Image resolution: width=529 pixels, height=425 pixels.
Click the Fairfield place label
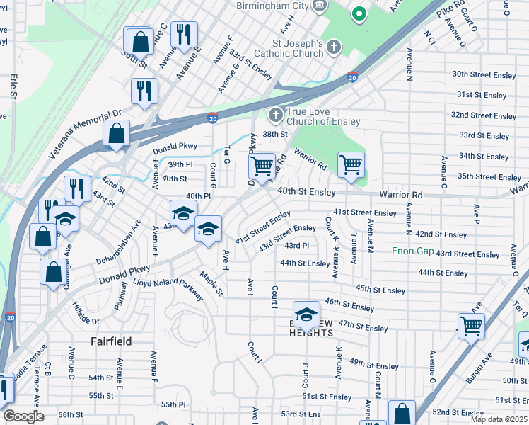pos(111,341)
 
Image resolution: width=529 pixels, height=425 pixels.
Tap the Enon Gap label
pos(413,251)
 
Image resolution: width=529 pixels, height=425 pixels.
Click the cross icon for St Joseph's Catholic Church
pos(334,47)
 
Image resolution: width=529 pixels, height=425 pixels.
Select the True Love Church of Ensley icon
pos(275,115)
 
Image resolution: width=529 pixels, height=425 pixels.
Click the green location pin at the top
pos(359,13)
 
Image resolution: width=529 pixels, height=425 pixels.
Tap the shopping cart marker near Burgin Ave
pos(471,327)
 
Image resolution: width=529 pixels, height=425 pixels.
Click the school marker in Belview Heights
pos(307,314)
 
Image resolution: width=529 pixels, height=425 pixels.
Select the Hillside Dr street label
pos(86,312)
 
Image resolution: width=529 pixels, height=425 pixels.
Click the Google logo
pos(23,416)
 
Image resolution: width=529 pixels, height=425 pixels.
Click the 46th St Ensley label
pos(349,305)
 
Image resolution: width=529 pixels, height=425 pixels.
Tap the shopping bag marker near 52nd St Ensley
pos(402,414)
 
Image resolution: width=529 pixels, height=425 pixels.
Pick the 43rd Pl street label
pos(297,246)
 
